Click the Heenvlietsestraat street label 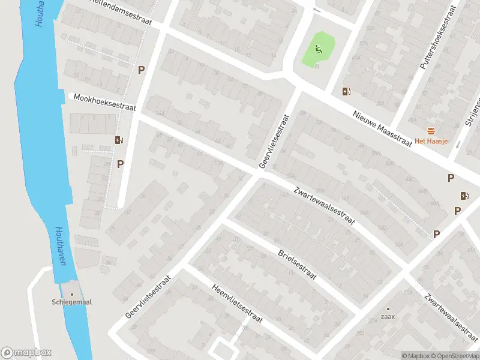[x=238, y=303]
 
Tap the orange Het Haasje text [x=431, y=142]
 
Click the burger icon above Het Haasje [x=431, y=131]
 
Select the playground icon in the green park [x=319, y=49]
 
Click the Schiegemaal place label [x=71, y=303]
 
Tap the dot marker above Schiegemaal [x=71, y=294]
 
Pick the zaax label [x=387, y=317]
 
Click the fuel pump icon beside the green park [x=346, y=91]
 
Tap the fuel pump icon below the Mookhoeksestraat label [x=119, y=140]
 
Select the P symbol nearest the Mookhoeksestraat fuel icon [x=121, y=163]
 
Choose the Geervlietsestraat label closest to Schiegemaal [x=149, y=296]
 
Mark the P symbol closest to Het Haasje [x=451, y=178]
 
